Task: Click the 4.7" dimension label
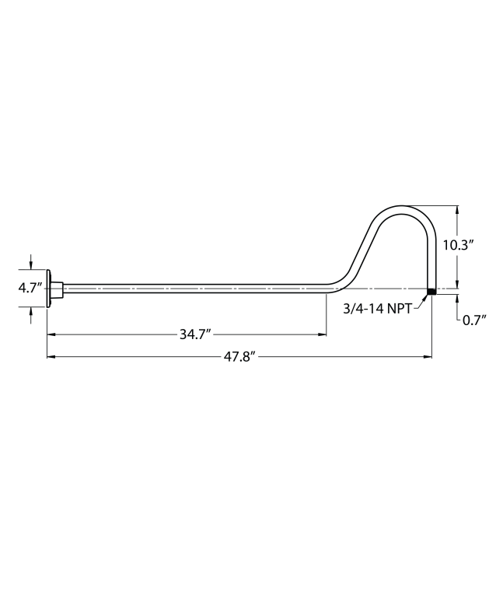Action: point(30,288)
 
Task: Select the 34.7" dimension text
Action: point(195,335)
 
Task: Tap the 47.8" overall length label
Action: point(239,357)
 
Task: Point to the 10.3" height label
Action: point(458,244)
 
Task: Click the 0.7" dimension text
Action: point(473,320)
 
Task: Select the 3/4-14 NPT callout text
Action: point(378,309)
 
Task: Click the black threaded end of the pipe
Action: point(431,292)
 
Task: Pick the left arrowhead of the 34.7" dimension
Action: point(51,335)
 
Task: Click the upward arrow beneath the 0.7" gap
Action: point(457,299)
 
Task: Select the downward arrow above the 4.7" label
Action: point(31,264)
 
